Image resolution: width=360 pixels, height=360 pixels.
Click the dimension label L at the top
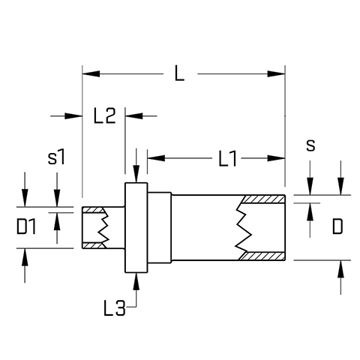click(x=179, y=73)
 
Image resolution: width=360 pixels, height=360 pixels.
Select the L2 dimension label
click(x=104, y=115)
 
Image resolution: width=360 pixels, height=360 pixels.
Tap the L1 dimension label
click(x=227, y=158)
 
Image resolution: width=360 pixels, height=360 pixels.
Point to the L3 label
click(x=114, y=307)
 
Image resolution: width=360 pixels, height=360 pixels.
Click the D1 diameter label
click(x=26, y=226)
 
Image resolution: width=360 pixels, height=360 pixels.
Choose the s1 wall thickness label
click(x=56, y=157)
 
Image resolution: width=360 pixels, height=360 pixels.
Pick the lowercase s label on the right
click(x=310, y=145)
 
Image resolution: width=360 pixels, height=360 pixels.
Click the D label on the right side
click(x=337, y=226)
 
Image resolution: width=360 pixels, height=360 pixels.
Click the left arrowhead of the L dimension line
click(x=91, y=73)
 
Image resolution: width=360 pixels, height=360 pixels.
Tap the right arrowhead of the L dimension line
click(x=276, y=73)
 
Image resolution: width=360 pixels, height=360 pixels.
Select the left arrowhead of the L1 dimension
click(x=156, y=158)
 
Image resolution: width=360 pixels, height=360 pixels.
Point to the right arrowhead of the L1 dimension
click(x=276, y=158)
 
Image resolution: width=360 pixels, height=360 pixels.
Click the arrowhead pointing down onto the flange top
click(x=136, y=174)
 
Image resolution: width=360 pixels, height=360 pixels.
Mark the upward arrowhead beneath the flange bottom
click(x=136, y=281)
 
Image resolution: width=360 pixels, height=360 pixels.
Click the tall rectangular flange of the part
click(x=136, y=227)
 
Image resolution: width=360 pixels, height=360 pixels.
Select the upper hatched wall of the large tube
click(x=263, y=199)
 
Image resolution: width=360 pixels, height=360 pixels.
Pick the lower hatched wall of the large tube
click(x=263, y=256)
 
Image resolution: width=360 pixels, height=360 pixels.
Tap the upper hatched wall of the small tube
click(x=93, y=210)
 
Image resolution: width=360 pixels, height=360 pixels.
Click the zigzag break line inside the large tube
click(x=243, y=227)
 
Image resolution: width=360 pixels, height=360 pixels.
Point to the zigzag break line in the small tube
click(x=103, y=227)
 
